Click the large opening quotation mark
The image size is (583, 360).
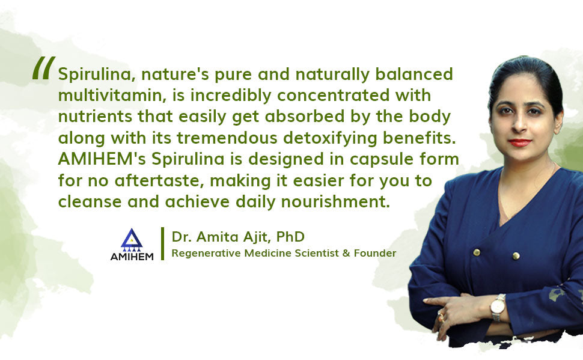44,68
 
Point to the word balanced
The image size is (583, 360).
414,74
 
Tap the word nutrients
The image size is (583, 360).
95,117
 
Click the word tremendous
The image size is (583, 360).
227,138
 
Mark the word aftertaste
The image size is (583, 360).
159,181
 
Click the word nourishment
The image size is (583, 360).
335,202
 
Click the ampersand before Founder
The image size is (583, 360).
346,253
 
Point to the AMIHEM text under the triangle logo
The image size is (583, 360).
132,257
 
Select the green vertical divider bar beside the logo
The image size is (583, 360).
162,243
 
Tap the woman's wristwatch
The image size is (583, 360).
498,307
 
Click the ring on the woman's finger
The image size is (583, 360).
441,317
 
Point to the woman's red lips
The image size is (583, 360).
519,142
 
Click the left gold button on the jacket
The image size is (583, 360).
477,252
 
